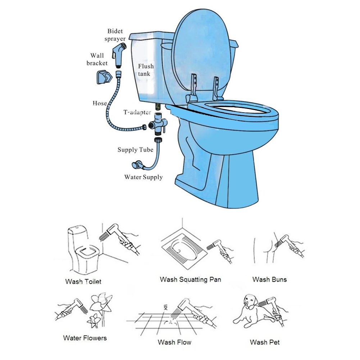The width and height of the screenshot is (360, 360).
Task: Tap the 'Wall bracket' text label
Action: coord(97,59)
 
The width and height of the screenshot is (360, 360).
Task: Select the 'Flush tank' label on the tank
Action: coord(146,70)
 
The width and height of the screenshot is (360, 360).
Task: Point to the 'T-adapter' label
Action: coord(137,112)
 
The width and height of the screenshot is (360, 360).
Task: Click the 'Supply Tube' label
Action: coord(135,150)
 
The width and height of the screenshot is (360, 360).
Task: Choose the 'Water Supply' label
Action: coord(143,177)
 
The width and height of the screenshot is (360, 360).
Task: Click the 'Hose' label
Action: coord(100,103)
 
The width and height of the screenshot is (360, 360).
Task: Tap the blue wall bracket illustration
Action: coord(102,77)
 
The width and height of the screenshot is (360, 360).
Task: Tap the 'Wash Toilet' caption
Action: coord(83,281)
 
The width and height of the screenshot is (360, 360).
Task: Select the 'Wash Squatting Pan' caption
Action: coord(190,279)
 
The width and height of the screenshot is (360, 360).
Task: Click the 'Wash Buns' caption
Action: coord(269,279)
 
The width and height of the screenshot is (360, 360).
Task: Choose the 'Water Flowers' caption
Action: coord(85,338)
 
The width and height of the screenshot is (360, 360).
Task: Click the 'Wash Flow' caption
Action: coord(174,342)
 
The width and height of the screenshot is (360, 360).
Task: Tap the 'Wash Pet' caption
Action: coord(265,342)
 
